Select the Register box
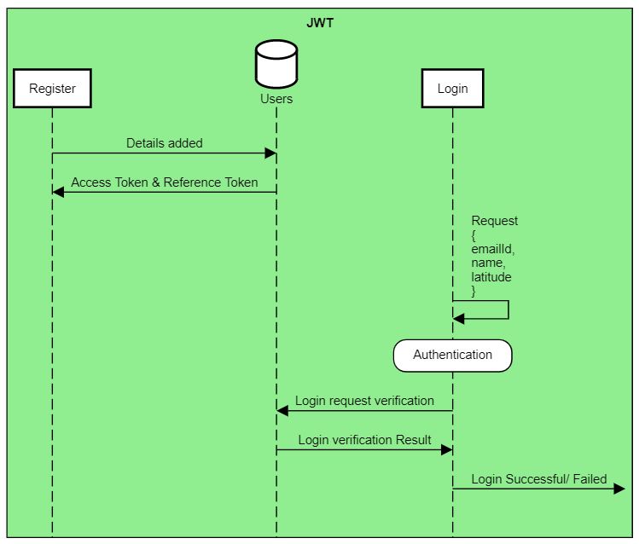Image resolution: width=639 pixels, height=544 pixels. (x=52, y=88)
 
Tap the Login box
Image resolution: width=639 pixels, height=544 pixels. (x=452, y=88)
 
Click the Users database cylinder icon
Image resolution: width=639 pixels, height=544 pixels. (x=276, y=64)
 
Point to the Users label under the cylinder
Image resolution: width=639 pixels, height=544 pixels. (x=276, y=99)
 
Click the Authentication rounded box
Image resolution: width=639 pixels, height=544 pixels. (x=452, y=355)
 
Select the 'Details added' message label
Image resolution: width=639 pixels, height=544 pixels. (x=165, y=143)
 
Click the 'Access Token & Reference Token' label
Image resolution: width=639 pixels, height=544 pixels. (x=165, y=182)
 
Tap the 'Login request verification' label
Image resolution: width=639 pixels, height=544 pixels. (x=364, y=401)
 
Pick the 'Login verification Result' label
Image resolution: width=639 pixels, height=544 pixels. (x=364, y=440)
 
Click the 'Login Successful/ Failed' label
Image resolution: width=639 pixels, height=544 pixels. (x=539, y=479)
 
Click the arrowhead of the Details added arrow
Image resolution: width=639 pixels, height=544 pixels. (x=270, y=153)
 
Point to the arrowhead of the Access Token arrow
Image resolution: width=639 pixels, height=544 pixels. (x=58, y=192)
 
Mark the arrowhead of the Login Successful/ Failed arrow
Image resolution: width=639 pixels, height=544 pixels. (x=620, y=489)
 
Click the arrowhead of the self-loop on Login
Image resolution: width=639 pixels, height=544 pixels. (x=458, y=319)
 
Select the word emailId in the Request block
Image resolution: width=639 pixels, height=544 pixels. (x=493, y=250)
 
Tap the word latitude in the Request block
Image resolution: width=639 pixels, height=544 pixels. (x=491, y=277)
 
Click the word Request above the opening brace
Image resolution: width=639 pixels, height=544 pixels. (x=495, y=221)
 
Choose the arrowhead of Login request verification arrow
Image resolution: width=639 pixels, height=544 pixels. (x=282, y=411)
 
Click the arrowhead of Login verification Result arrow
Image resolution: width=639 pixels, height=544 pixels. (x=446, y=449)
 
